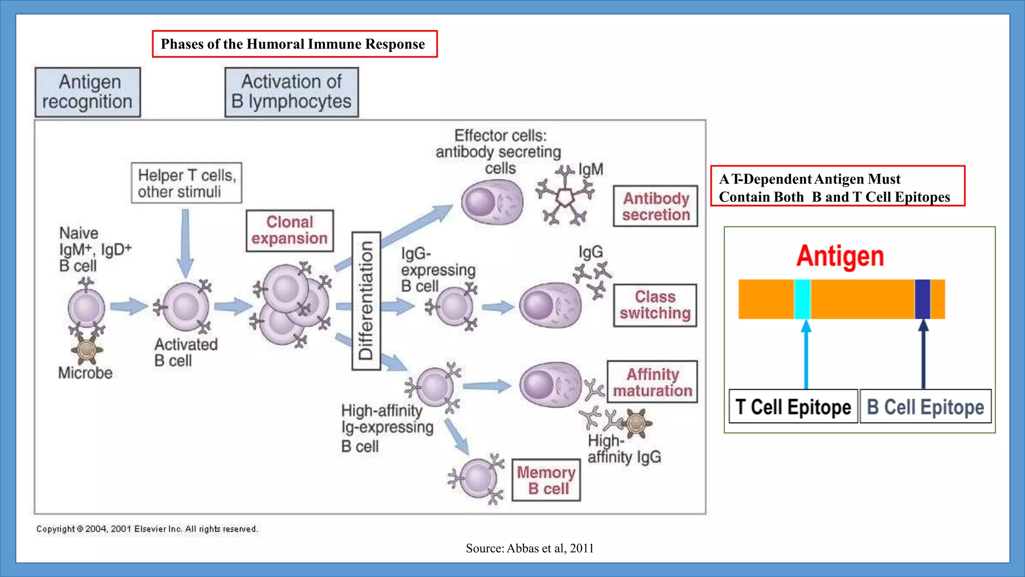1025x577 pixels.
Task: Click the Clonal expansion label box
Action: (289, 230)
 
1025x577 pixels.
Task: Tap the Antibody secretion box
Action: (655, 206)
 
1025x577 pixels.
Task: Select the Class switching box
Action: (655, 305)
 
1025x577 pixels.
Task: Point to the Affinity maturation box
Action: (652, 382)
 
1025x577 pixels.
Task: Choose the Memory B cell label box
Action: (546, 480)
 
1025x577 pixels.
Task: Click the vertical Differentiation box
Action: (366, 301)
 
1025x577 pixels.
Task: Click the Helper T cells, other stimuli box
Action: (186, 183)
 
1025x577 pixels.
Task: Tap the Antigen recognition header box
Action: (88, 92)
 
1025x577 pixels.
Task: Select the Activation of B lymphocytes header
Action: (291, 92)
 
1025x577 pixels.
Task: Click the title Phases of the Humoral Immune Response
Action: (294, 44)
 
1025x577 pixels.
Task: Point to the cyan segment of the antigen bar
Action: (802, 299)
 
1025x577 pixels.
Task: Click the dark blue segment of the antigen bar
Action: (922, 299)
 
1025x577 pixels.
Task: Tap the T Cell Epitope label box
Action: (793, 407)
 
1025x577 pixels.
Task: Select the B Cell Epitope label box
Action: (925, 407)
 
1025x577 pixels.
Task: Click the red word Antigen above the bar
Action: (840, 256)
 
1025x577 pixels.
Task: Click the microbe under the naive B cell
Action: (87, 349)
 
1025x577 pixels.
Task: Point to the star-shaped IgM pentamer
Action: (565, 197)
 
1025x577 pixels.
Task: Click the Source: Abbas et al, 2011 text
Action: (530, 548)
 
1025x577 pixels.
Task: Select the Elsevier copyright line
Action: (147, 529)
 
